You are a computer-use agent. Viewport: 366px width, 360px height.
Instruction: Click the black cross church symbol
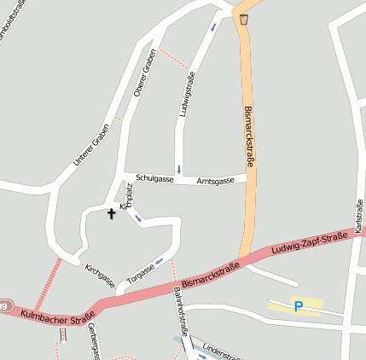(111, 212)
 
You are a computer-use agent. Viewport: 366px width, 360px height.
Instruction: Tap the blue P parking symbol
(298, 306)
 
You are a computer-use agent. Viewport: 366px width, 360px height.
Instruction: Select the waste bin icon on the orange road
(244, 19)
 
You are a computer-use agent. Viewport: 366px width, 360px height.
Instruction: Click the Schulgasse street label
(154, 178)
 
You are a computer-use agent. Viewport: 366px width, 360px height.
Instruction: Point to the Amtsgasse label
(215, 182)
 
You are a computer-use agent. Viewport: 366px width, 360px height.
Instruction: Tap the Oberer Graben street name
(146, 73)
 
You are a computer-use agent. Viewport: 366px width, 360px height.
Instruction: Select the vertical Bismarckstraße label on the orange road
(249, 136)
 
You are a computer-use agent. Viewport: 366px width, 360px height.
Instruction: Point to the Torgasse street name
(141, 273)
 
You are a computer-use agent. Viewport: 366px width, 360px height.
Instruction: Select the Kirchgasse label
(100, 275)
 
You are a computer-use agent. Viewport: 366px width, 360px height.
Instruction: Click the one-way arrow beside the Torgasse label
(159, 261)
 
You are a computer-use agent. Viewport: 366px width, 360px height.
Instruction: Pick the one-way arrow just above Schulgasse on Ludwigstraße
(178, 168)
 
